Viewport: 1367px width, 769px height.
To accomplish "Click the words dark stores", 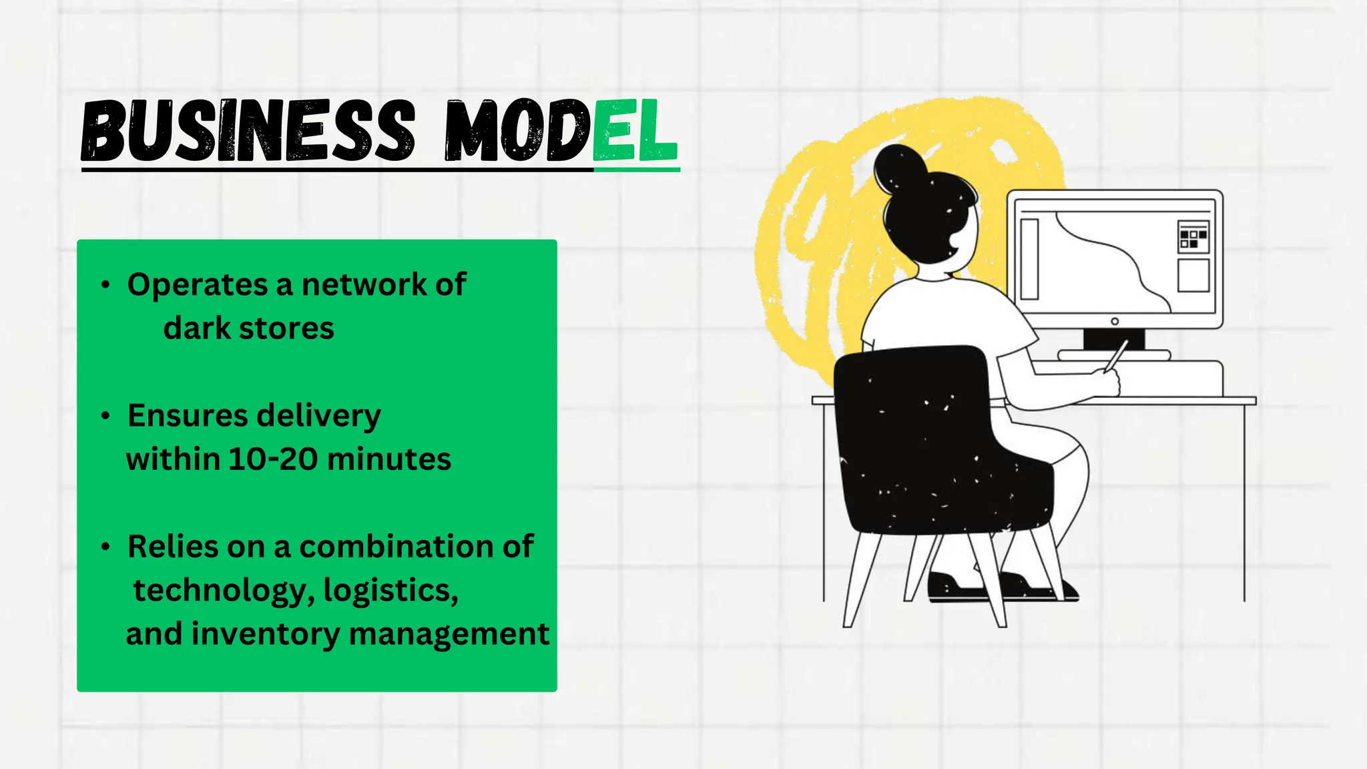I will point(248,328).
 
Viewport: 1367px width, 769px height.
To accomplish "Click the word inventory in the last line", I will point(265,633).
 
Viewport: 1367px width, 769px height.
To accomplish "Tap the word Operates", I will point(198,285).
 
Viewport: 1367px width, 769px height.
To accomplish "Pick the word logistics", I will point(390,590).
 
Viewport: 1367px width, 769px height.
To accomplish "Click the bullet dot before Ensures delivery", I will point(105,416).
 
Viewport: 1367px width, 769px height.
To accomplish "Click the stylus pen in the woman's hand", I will point(1117,355).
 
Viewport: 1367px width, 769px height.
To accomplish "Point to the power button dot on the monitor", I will point(1115,322).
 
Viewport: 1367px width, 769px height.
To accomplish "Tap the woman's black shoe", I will point(954,587).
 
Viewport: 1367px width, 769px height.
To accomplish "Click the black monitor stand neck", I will point(1113,339).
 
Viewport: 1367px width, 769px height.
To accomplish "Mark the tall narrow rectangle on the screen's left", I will point(1030,259).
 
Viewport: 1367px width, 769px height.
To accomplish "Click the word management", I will point(449,633).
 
